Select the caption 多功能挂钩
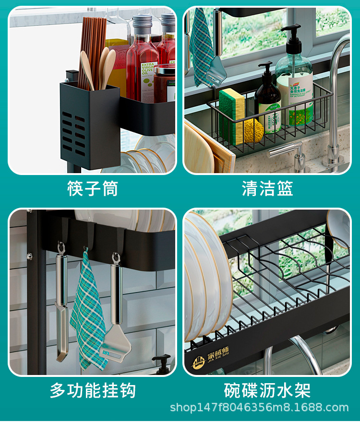click(93, 390)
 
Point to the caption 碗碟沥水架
click(267, 390)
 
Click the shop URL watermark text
click(259, 408)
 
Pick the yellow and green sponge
click(231, 115)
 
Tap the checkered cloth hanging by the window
click(202, 46)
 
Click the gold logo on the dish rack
click(199, 362)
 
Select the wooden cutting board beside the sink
click(202, 149)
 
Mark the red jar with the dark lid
click(165, 84)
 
